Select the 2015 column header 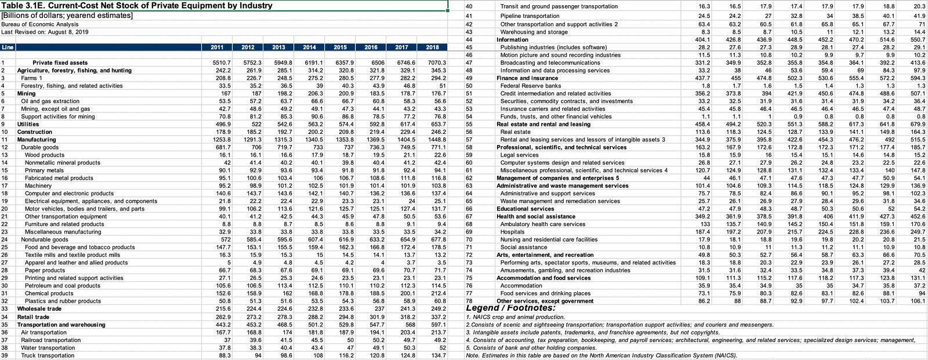point(340,47)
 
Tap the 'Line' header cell point(8,47)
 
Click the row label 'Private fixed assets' point(60,63)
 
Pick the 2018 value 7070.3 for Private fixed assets point(436,63)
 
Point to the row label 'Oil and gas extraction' point(50,101)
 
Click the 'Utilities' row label point(28,124)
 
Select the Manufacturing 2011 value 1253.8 point(221,140)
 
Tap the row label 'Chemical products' point(49,293)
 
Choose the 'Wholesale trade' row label point(39,309)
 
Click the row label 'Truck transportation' point(48,355)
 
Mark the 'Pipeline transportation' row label point(530,16)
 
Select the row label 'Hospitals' point(513,232)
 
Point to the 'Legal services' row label point(519,155)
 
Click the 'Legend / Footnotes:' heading point(510,308)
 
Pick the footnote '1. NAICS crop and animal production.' point(515,317)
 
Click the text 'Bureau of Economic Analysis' point(39,24)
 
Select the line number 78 point(469,301)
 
